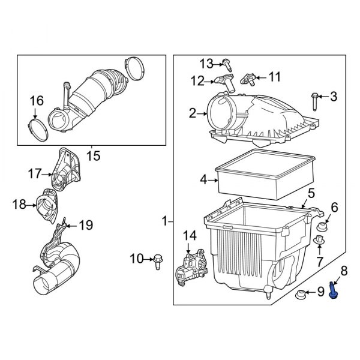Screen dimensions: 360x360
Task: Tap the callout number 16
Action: click(36, 100)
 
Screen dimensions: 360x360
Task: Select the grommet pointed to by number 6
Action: click(322, 227)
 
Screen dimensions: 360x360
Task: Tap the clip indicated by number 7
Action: click(318, 241)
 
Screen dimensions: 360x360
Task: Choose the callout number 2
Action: click(193, 113)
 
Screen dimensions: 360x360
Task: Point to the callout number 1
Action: click(165, 222)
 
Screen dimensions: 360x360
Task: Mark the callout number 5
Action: click(311, 193)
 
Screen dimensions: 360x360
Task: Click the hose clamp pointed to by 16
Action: click(38, 126)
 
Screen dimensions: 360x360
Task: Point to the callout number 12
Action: click(198, 80)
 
